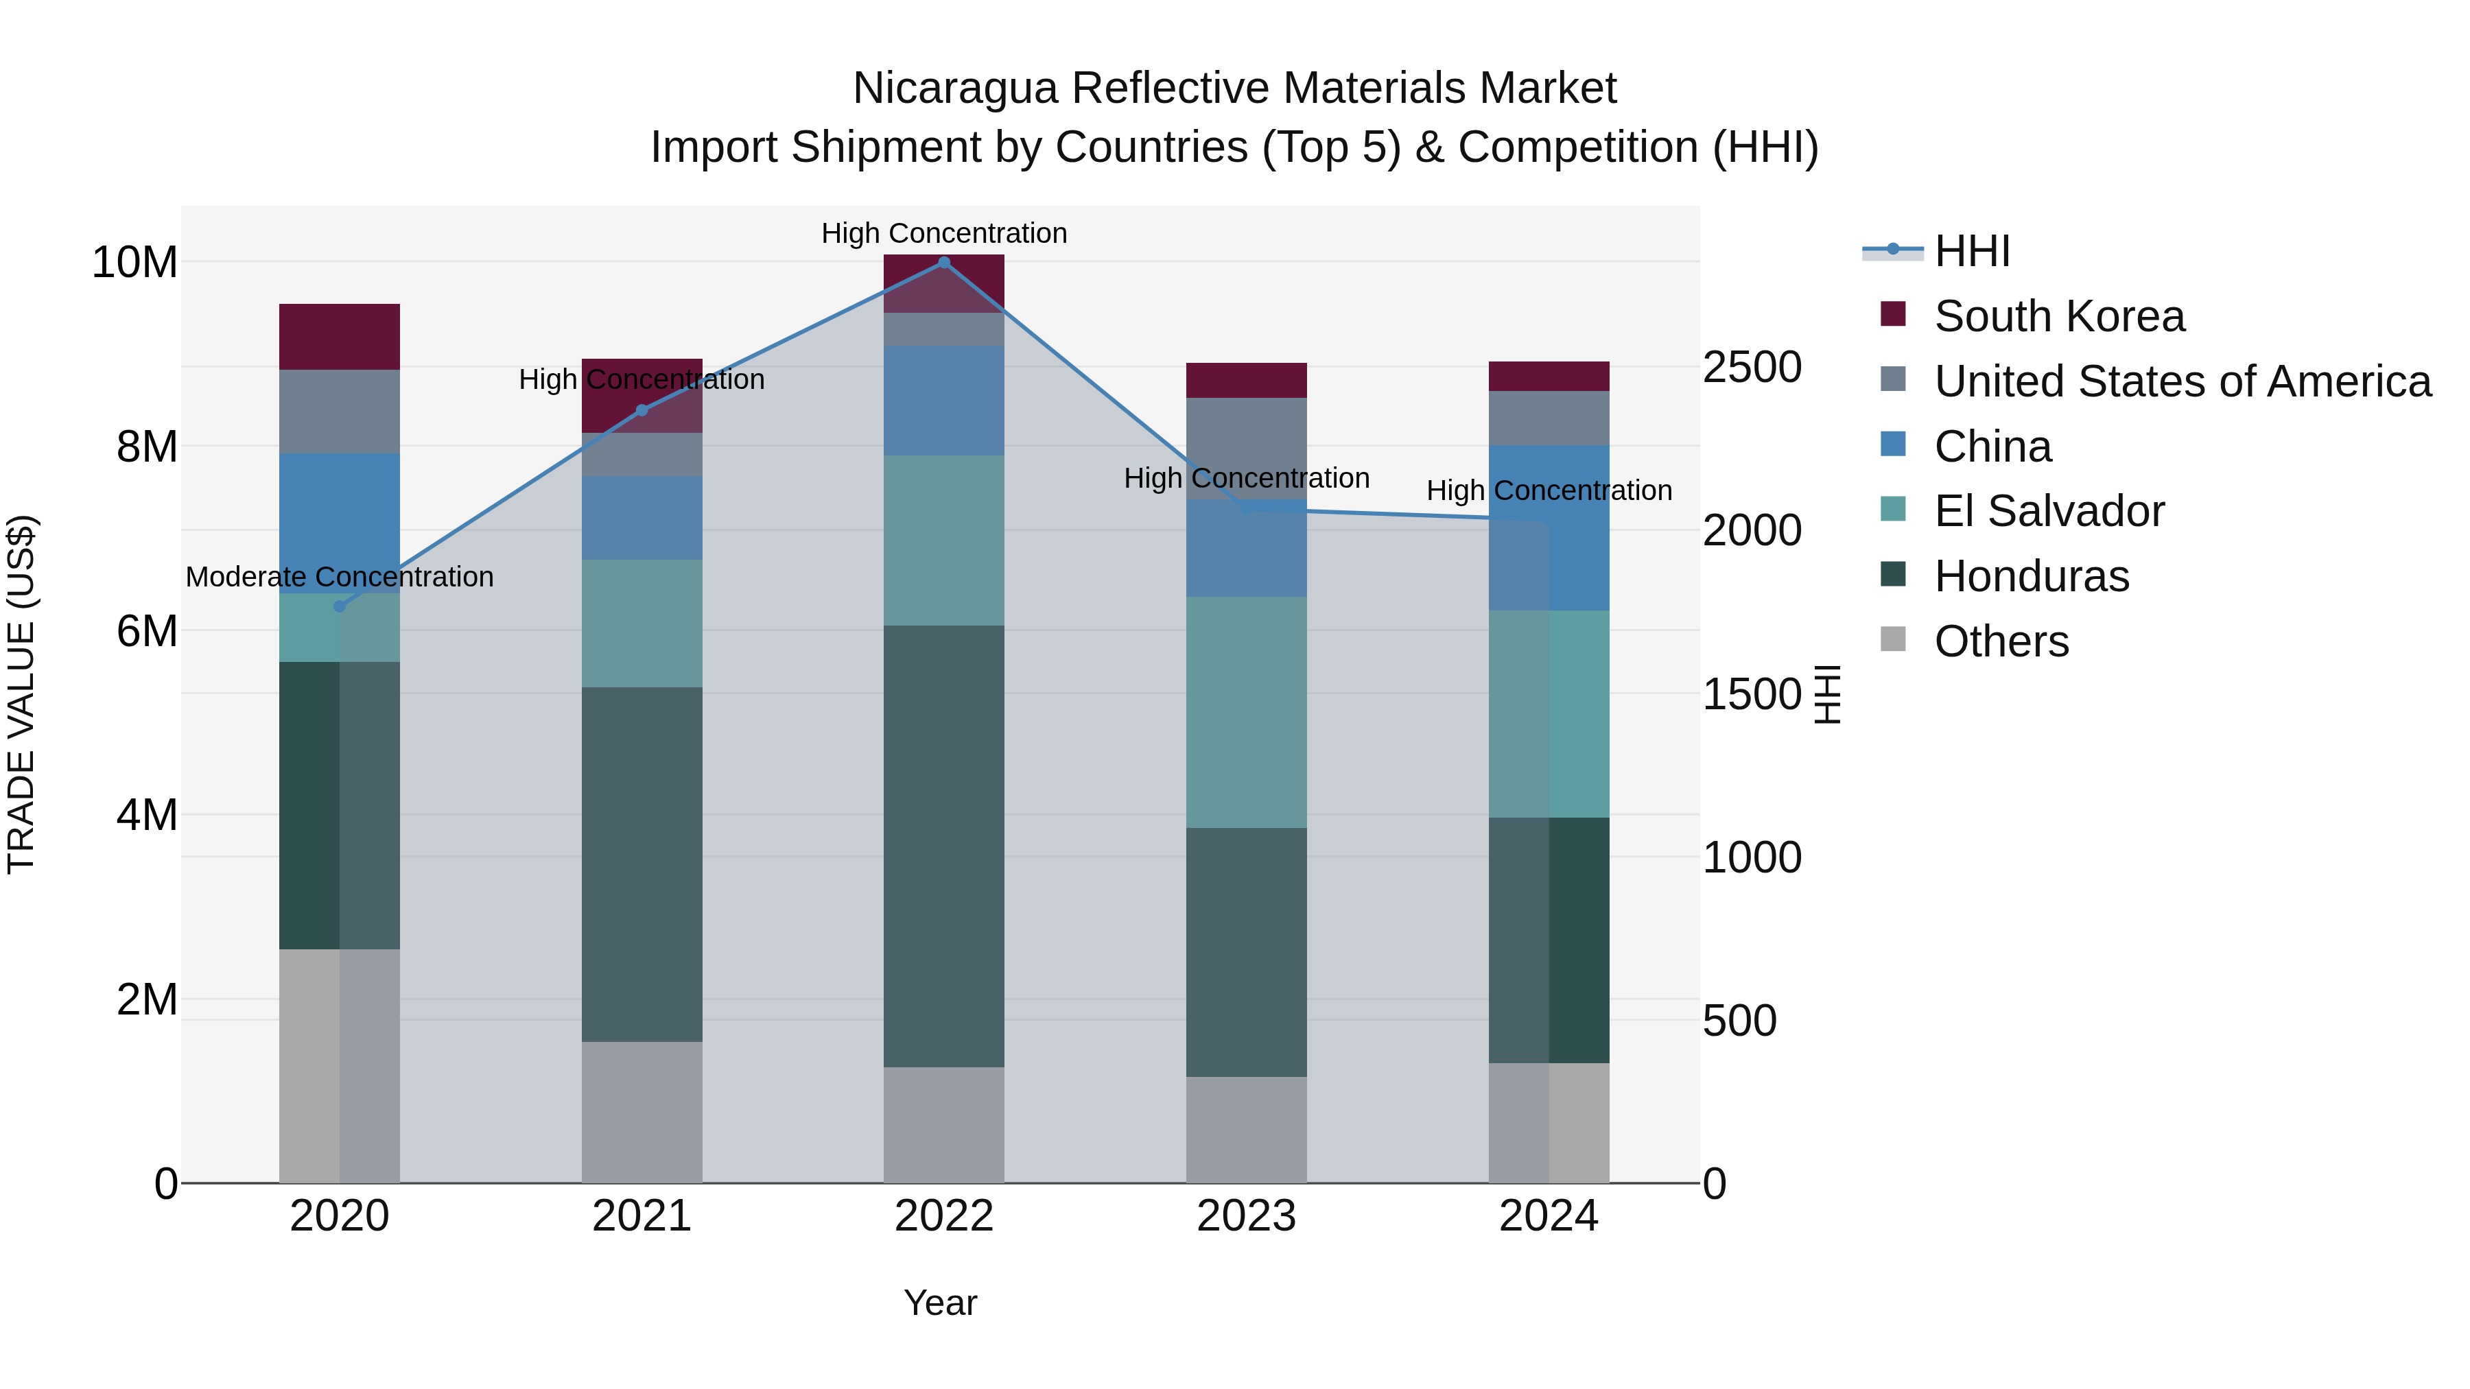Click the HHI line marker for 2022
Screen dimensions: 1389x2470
[x=943, y=262]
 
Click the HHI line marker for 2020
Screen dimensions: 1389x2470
[x=340, y=606]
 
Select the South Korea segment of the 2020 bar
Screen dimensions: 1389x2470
[x=340, y=337]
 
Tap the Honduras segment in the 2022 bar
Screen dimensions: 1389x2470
[x=943, y=846]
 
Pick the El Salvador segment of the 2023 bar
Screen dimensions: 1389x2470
[x=1245, y=712]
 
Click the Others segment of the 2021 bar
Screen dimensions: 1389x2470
[x=642, y=1112]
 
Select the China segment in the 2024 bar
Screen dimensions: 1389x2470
[x=1549, y=527]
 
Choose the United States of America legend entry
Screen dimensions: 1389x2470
[x=2181, y=381]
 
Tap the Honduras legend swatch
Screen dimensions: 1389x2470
[x=1893, y=575]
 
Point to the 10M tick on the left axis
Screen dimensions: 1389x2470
[x=134, y=263]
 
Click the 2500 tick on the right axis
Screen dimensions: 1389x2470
[x=1752, y=367]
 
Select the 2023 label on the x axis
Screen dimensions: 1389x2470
[x=1245, y=1216]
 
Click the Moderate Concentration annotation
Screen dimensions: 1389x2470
[x=340, y=577]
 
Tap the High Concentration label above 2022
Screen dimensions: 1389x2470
[x=943, y=233]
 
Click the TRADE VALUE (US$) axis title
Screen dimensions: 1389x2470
[x=21, y=693]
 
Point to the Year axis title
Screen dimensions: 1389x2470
[x=940, y=1303]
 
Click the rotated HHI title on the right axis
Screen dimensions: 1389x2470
[x=1828, y=694]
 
